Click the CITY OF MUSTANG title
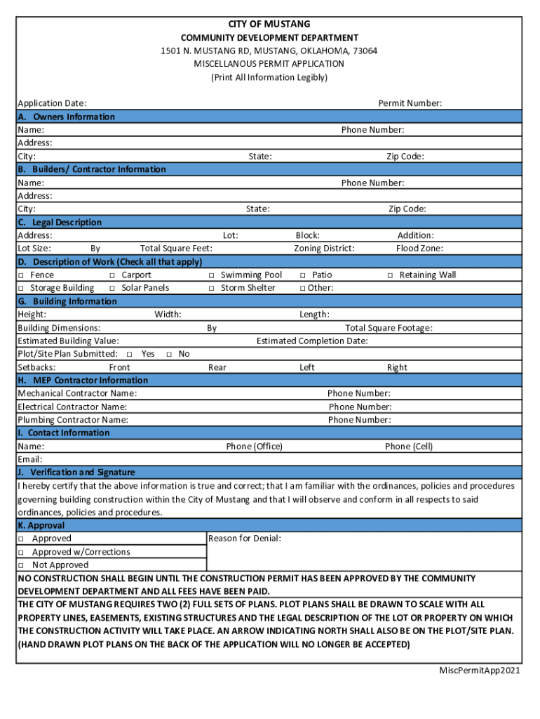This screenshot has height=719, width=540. pos(269,24)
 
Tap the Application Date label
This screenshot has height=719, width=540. pos(52,103)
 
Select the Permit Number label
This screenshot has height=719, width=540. pos(410,103)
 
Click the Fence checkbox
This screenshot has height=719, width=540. pos(21,275)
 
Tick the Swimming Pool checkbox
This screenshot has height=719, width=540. pos(211,275)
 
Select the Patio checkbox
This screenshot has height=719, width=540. pos(303,275)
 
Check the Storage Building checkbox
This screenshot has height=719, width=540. pos(21,288)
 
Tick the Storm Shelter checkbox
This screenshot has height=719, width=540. pos(211,288)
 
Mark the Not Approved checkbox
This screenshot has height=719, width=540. pos(21,565)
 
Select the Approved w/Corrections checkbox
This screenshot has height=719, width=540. pos(21,552)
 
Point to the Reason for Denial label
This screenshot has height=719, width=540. pos(245,539)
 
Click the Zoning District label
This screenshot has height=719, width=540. pos(324,249)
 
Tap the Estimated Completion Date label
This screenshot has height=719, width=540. pos(312,341)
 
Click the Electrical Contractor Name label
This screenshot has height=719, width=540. pos(72,407)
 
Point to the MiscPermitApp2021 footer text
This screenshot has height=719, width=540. pos(480,671)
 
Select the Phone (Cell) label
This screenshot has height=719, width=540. pos(409,447)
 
